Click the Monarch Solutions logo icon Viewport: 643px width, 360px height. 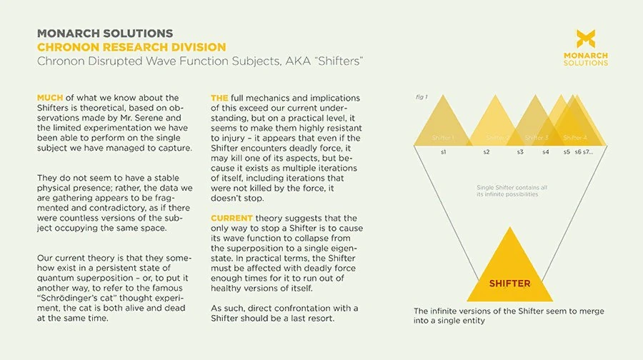(591, 39)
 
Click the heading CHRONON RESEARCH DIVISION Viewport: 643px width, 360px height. (131, 47)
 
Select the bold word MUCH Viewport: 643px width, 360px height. (52, 98)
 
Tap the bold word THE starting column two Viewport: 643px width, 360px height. (220, 98)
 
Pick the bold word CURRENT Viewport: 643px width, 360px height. (231, 217)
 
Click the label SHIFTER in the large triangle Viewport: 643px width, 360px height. (509, 284)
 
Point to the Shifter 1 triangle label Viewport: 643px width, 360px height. (443, 137)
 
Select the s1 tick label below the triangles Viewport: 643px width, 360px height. (443, 151)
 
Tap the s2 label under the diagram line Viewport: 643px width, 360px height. (486, 151)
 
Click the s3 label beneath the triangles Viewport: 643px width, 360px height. (520, 151)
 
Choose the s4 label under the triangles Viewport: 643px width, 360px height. (546, 151)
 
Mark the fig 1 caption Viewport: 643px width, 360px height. (421, 96)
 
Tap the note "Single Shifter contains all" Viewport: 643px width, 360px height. (512, 188)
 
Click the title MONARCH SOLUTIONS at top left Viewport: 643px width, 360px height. (104, 34)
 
